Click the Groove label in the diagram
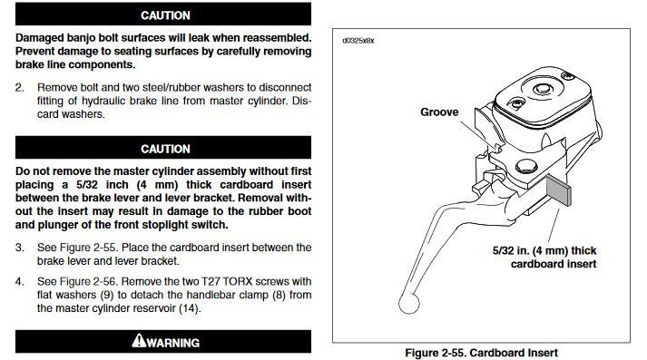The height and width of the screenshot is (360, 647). point(439,112)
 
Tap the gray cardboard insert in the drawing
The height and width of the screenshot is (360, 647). point(559,190)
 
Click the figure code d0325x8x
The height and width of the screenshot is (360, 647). point(358,41)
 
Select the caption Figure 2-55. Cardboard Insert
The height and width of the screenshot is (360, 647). point(481,353)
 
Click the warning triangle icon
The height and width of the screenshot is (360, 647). point(139,340)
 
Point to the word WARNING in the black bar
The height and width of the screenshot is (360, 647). point(173,343)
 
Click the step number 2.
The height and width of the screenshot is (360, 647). point(19,87)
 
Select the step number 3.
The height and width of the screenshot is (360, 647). point(19,248)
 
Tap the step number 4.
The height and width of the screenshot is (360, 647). point(19,282)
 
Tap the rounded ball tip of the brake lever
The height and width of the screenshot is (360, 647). point(409,303)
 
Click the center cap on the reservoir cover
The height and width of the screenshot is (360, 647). point(542,89)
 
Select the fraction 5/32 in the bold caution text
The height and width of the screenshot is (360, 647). point(86,185)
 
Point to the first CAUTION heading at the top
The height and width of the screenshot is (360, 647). point(165,15)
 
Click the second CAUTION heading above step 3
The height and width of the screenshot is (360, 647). point(165,149)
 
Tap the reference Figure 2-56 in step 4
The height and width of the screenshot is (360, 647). point(89,282)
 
